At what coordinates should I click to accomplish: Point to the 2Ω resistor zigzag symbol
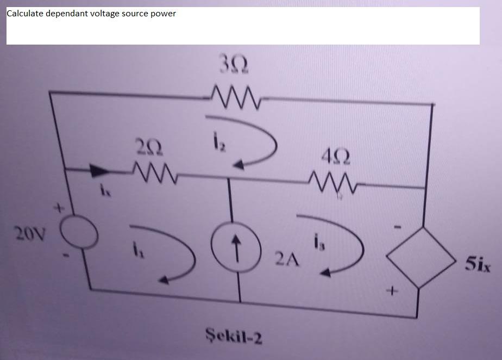[x=153, y=173]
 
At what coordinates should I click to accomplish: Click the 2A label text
[x=287, y=259]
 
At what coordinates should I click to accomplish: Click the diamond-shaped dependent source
[x=418, y=258]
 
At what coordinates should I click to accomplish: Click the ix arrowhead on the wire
[x=98, y=171]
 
